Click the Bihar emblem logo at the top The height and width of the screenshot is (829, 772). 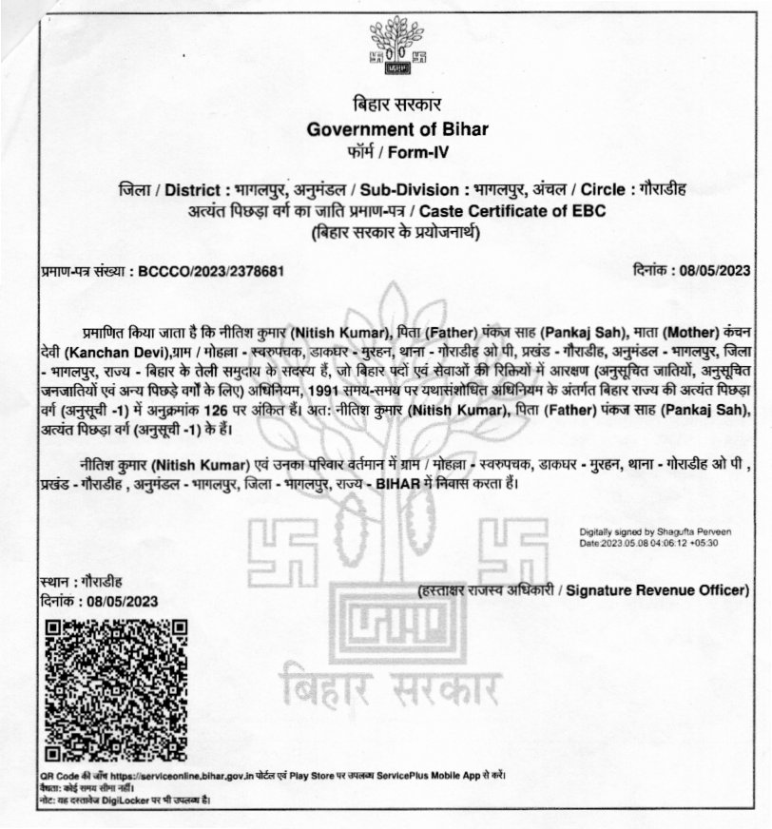pos(390,50)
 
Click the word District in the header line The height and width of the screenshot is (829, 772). pos(182,189)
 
